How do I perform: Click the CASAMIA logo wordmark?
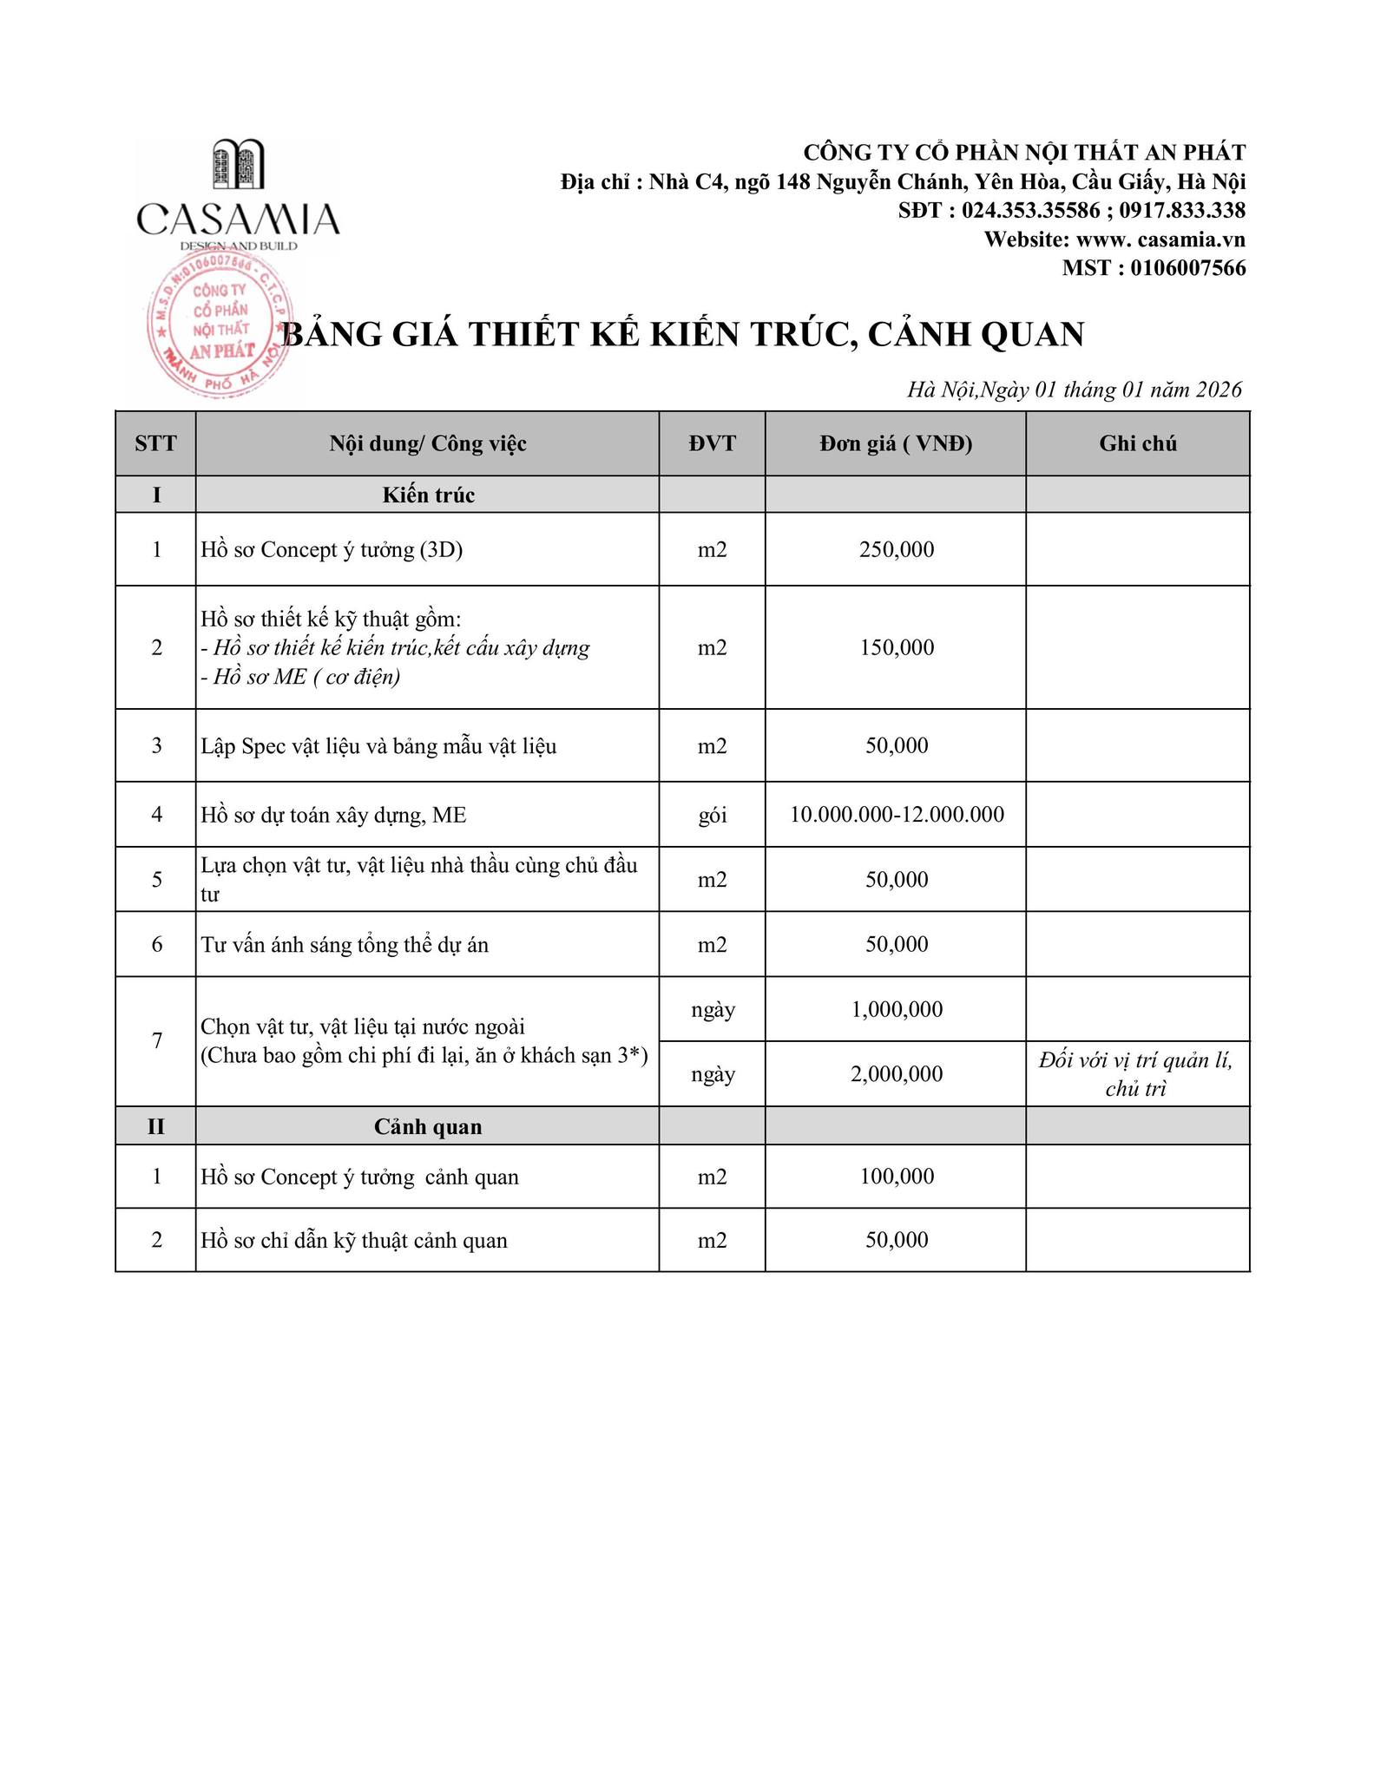tap(238, 219)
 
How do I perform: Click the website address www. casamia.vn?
tap(1160, 239)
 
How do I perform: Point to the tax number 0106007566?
tap(1187, 268)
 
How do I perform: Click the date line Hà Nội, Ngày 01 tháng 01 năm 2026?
tap(1075, 390)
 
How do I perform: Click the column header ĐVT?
tap(712, 444)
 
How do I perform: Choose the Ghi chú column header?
tap(1137, 444)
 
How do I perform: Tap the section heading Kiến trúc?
tap(428, 495)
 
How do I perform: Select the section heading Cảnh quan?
tap(428, 1127)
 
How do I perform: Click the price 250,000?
tap(897, 550)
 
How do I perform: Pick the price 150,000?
tap(897, 648)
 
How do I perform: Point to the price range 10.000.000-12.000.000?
tap(897, 815)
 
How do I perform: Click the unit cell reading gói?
tap(713, 816)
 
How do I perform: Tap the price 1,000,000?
tap(897, 1010)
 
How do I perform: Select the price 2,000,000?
tap(897, 1074)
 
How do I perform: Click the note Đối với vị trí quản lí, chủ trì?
tap(1136, 1074)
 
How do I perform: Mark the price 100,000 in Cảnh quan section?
tap(897, 1177)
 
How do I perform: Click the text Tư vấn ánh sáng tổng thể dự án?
tap(345, 945)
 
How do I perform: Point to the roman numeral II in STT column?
tap(156, 1127)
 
